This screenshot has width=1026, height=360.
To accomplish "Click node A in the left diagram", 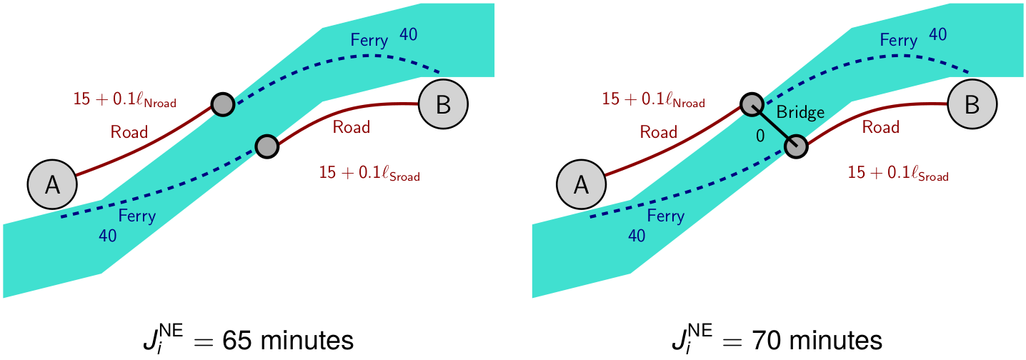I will coord(52,184).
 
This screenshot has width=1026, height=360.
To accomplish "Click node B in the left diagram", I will coord(443,104).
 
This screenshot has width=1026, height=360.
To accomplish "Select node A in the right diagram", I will coord(581,184).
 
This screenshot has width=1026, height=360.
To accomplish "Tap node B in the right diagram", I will coord(972,104).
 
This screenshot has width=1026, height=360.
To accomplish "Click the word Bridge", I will coord(800,112).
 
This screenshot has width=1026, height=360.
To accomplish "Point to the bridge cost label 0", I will coord(761,134).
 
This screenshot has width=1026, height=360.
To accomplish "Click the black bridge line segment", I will coord(773,126).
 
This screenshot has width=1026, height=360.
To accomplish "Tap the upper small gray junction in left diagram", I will coord(222,104).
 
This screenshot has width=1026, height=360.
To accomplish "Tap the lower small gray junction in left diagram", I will coord(267,146).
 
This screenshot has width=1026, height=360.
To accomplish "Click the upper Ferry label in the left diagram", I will coord(369,40).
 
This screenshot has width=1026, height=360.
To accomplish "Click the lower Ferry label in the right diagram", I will coord(666,216).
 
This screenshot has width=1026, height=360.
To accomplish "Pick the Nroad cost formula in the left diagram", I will coord(124,100).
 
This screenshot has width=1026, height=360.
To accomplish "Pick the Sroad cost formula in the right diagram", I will coord(898,173).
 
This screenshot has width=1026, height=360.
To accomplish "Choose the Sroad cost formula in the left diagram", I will coord(369,173).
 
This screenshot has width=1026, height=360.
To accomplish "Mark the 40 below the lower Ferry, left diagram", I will coord(108,236).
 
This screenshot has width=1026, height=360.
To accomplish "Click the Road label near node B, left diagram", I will coord(352,127).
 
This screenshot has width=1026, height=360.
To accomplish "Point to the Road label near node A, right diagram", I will coord(658,131).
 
